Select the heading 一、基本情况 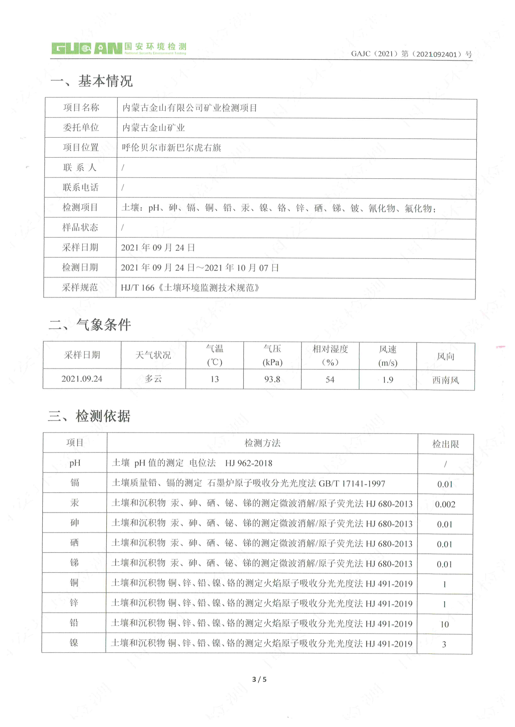tap(91, 81)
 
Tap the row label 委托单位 tap(81, 128)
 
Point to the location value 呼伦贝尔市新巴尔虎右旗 tap(171, 148)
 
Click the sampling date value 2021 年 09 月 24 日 tap(158, 248)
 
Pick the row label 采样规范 tap(80, 287)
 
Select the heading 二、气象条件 tap(90, 324)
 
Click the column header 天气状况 tap(153, 355)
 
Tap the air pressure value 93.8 tap(272, 379)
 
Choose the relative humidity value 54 tap(330, 379)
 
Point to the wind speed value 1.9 tap(387, 379)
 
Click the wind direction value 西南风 tap(445, 380)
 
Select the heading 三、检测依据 tap(89, 416)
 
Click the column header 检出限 tap(445, 444)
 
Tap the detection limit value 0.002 tap(445, 504)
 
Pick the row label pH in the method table tap(75, 463)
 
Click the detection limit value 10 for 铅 tap(444, 624)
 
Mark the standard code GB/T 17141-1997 tap(352, 484)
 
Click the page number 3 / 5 tap(259, 679)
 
